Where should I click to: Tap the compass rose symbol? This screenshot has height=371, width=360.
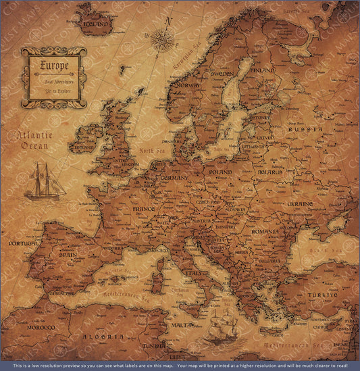click(x=162, y=41)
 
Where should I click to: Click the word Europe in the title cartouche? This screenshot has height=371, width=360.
click(x=54, y=66)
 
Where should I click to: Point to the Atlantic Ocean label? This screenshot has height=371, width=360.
click(x=34, y=140)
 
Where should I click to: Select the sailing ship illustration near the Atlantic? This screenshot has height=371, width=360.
click(x=45, y=182)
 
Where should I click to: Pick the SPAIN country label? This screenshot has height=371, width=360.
click(x=67, y=255)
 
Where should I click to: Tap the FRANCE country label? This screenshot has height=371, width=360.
click(x=143, y=209)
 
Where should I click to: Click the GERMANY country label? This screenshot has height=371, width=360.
click(x=174, y=178)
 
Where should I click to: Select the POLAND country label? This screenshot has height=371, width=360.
click(x=220, y=172)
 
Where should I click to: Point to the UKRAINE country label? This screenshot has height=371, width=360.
click(x=299, y=203)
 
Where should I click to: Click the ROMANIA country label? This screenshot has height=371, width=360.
click(x=265, y=231)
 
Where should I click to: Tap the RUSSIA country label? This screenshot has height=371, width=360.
click(x=301, y=128)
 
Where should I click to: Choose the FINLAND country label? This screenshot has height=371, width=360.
click(x=262, y=70)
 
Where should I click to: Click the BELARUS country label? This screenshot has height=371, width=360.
click(x=269, y=172)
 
